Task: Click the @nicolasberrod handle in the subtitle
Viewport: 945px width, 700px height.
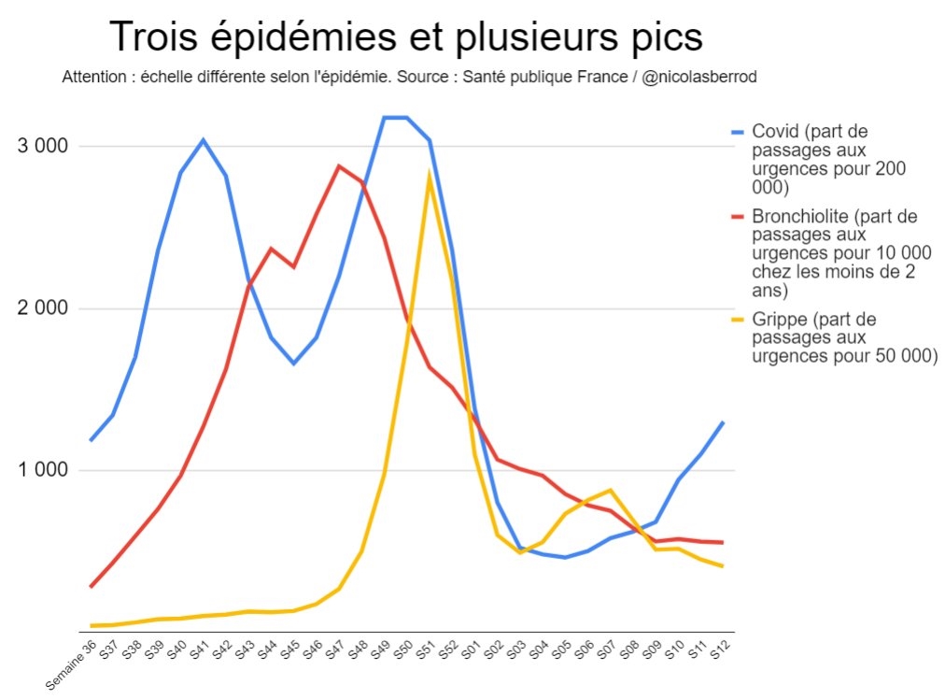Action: pos(699,77)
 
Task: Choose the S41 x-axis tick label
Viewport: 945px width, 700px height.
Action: pos(198,651)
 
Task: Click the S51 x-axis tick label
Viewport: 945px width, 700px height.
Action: pos(425,651)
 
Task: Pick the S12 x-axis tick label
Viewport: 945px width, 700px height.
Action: pos(720,651)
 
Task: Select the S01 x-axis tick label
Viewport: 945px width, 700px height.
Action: pos(471,651)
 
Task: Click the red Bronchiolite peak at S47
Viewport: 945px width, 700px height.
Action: pos(338,165)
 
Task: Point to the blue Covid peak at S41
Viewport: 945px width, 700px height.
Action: pos(203,140)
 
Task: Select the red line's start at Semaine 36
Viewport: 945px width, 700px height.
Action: pos(91,587)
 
